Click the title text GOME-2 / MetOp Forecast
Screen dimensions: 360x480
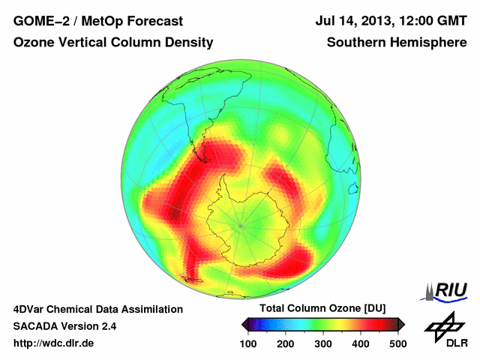pos(98,22)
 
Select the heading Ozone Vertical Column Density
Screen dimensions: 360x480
pos(112,43)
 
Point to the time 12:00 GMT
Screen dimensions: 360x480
pos(432,22)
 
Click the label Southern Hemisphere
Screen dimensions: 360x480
pos(397,43)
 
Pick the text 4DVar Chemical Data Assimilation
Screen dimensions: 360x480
pos(98,309)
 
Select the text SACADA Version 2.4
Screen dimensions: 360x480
pos(64,326)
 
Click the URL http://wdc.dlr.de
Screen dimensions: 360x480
pos(54,343)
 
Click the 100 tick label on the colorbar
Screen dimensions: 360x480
pos(249,343)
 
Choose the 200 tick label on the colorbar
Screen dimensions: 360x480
pos(286,343)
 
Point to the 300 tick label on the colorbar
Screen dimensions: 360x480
pos(323,343)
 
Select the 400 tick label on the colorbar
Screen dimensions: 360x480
pos(360,343)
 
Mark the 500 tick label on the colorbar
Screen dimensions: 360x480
pos(397,343)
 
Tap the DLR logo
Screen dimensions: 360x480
pos(445,330)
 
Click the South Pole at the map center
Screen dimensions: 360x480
pos(241,223)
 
